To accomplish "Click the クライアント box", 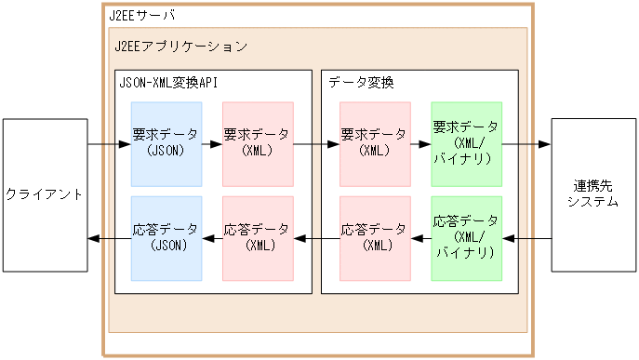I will [x=44, y=194].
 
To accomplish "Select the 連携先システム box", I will [x=592, y=194].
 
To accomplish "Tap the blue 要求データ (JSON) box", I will [x=166, y=143].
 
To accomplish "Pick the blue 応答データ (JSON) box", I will [x=166, y=238].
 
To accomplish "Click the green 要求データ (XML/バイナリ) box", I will [x=466, y=143].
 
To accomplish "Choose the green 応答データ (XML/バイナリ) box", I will [x=466, y=238].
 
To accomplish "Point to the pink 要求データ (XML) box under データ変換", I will [x=375, y=143].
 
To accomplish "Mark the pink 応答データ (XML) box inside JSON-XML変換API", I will [x=258, y=238].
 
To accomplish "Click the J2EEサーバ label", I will [x=141, y=17].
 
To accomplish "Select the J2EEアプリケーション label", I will [x=180, y=45].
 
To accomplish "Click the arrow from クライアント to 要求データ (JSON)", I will [x=109, y=145].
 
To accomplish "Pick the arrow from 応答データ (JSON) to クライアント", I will [x=109, y=239].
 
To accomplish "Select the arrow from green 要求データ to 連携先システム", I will [x=526, y=145].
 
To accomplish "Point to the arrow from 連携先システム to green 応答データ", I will [x=526, y=239].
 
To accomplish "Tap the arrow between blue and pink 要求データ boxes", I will [x=212, y=145].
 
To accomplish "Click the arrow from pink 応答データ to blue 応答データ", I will [x=212, y=239].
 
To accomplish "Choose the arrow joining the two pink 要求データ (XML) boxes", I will [x=316, y=145].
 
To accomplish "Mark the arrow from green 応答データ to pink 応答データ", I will [x=420, y=239].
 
